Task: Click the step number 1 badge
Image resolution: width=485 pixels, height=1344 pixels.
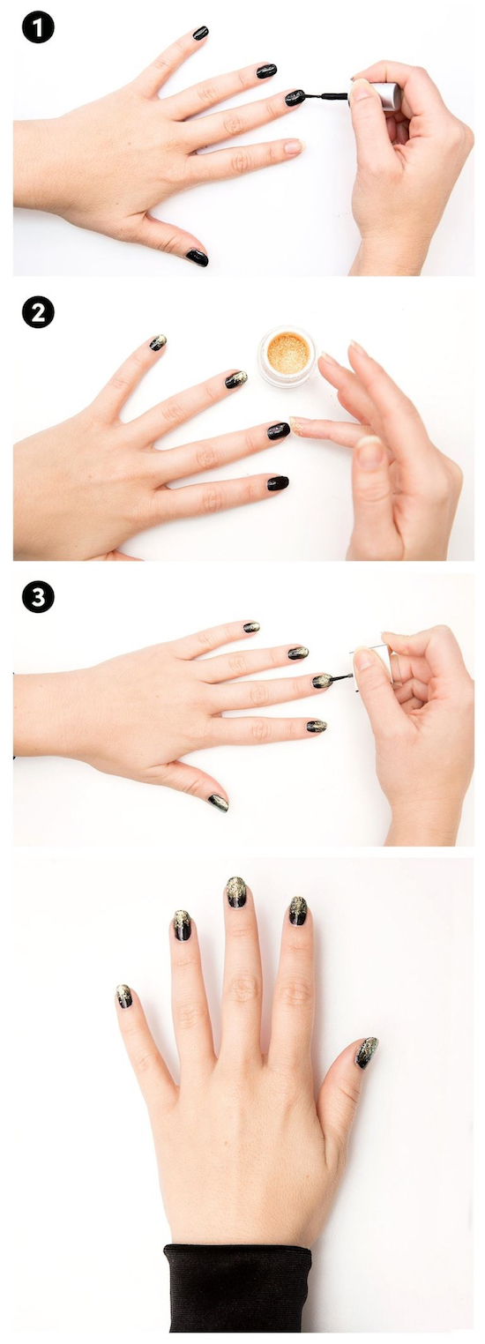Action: tap(38, 28)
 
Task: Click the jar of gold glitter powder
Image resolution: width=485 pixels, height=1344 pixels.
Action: tap(287, 358)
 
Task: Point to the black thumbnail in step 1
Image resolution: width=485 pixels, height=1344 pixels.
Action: tap(197, 258)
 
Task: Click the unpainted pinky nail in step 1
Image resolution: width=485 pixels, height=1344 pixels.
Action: tap(295, 146)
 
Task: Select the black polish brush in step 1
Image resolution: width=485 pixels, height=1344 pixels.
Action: tap(325, 96)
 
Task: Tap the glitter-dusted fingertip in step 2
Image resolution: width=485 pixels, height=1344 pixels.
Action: tap(297, 425)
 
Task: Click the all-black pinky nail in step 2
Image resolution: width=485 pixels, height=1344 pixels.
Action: tap(278, 482)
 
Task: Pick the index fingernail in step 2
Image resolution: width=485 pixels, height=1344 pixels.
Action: tap(158, 342)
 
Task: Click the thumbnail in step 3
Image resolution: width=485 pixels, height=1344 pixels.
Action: tap(219, 803)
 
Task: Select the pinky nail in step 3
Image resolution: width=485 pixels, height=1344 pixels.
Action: tap(317, 727)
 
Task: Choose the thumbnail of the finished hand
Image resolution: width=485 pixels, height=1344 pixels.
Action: tap(366, 1053)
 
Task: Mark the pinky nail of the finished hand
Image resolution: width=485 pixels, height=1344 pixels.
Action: tap(123, 996)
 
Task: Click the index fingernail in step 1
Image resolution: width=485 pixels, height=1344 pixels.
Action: tap(200, 33)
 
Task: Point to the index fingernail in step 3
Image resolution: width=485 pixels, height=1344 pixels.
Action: tap(251, 627)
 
